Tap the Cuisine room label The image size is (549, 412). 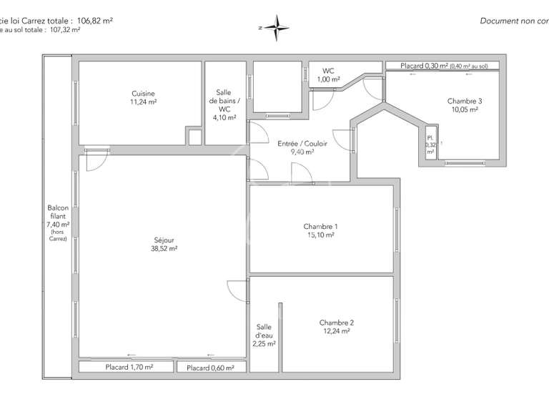coord(143,94)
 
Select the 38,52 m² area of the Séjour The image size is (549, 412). coord(164,249)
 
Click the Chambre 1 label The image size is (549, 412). coord(321,227)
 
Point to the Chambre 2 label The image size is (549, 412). coord(336,323)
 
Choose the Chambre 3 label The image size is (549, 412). coord(465,101)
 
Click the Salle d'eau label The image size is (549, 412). coord(264,330)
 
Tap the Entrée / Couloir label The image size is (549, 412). coord(302,144)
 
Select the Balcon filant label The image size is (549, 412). coord(57,212)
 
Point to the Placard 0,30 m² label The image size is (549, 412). coord(424,66)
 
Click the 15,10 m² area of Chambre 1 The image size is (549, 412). coord(321,235)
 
